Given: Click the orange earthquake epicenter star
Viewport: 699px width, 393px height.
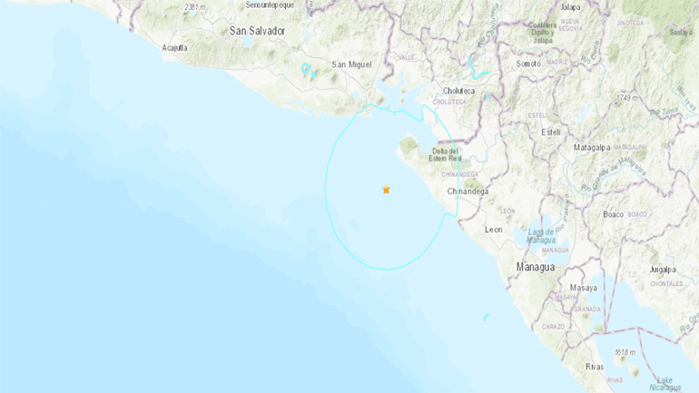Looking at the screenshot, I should pyautogui.click(x=386, y=190).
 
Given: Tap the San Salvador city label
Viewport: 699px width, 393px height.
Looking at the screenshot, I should pyautogui.click(x=258, y=31).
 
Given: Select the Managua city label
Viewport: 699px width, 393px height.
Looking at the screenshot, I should pyautogui.click(x=535, y=267).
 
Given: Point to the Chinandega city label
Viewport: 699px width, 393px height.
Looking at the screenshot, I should pyautogui.click(x=468, y=192).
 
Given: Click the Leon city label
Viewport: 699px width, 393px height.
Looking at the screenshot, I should pyautogui.click(x=494, y=230).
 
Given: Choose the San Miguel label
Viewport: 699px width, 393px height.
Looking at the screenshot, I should pyautogui.click(x=352, y=64).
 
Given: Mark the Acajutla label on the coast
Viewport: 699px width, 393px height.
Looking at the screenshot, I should pyautogui.click(x=174, y=47).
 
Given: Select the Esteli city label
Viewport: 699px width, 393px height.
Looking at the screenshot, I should pyautogui.click(x=550, y=133).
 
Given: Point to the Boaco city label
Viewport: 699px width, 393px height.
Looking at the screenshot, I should pyautogui.click(x=613, y=214).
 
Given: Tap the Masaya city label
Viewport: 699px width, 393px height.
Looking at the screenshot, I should pyautogui.click(x=584, y=288).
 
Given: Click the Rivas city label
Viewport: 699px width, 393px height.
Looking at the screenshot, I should pyautogui.click(x=596, y=367).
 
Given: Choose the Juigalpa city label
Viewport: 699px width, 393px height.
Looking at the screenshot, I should pyautogui.click(x=663, y=270).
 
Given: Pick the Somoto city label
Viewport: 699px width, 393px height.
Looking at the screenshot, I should pyautogui.click(x=528, y=64).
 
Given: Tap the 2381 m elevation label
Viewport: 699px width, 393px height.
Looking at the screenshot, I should pyautogui.click(x=196, y=6).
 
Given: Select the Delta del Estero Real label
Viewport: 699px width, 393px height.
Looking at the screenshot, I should pyautogui.click(x=445, y=156).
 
